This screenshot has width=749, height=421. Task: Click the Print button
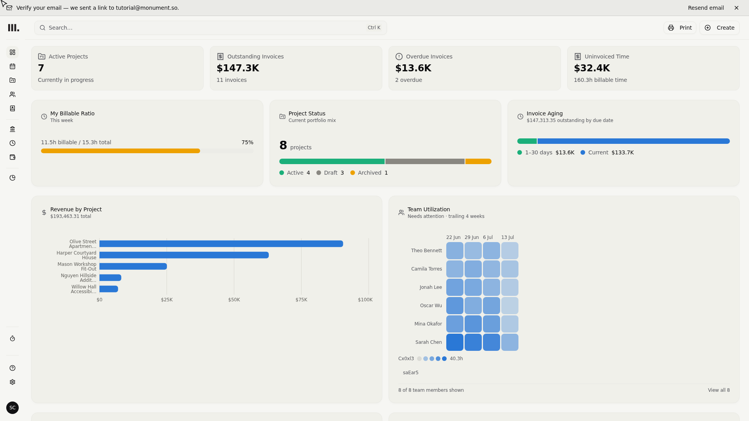click(680, 28)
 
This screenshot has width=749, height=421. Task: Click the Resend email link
click(706, 8)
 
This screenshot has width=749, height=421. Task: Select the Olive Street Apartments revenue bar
click(221, 244)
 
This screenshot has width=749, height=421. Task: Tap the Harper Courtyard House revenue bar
click(184, 255)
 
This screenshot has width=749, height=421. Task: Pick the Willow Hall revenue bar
click(109, 289)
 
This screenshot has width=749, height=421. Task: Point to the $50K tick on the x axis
click(234, 300)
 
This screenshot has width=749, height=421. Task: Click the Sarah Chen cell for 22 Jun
click(455, 342)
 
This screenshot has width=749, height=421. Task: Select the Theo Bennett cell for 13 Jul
click(510, 251)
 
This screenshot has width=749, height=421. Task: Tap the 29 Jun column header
click(472, 237)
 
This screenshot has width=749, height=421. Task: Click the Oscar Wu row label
click(431, 306)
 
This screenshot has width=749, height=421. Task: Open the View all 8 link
click(719, 390)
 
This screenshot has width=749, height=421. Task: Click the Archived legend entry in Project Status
click(369, 173)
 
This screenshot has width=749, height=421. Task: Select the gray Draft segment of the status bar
click(425, 161)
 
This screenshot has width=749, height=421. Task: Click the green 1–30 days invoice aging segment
click(527, 141)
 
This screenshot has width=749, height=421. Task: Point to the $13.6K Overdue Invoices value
click(413, 68)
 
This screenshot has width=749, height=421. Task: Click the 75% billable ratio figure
click(247, 142)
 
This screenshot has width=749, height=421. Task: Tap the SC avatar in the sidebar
click(12, 408)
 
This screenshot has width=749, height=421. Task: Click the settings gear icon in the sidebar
click(12, 382)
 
